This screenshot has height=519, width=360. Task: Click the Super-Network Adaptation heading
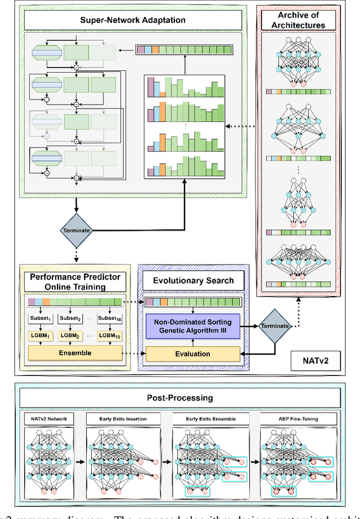click(132, 21)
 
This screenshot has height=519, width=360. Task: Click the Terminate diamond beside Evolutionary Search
click(274, 326)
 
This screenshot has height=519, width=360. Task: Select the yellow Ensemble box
click(75, 354)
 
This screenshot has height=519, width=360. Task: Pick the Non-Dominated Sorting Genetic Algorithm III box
click(193, 326)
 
